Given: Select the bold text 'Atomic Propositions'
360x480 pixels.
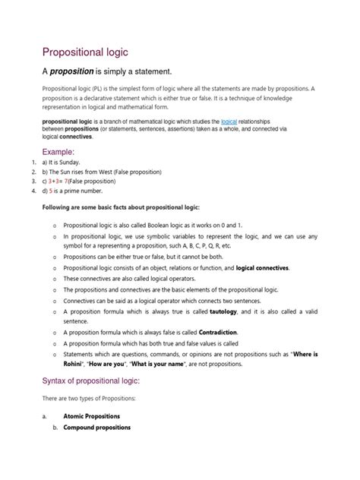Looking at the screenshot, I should (x=97, y=416).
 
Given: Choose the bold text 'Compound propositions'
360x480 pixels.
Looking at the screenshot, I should (x=100, y=427).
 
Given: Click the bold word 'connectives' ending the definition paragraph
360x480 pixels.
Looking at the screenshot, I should (x=76, y=137).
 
